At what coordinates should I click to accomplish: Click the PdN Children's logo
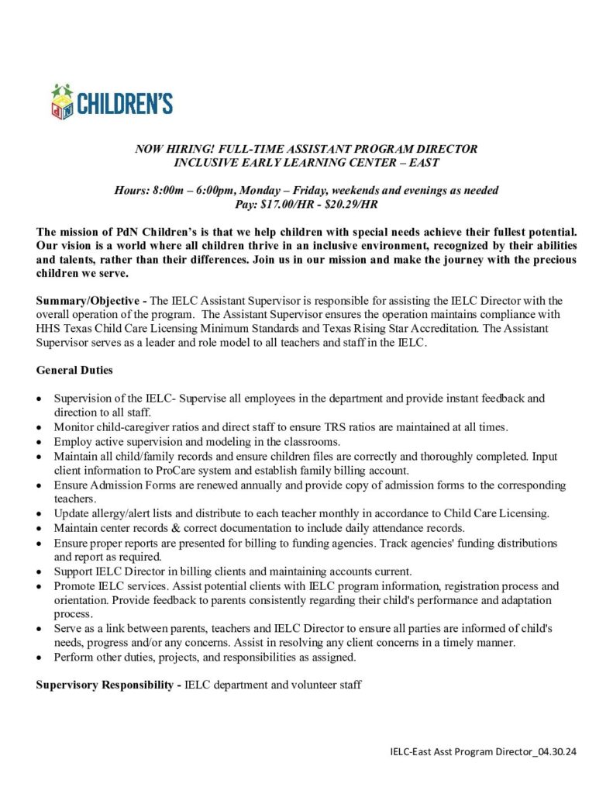112,102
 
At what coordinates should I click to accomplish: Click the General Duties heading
74,371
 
